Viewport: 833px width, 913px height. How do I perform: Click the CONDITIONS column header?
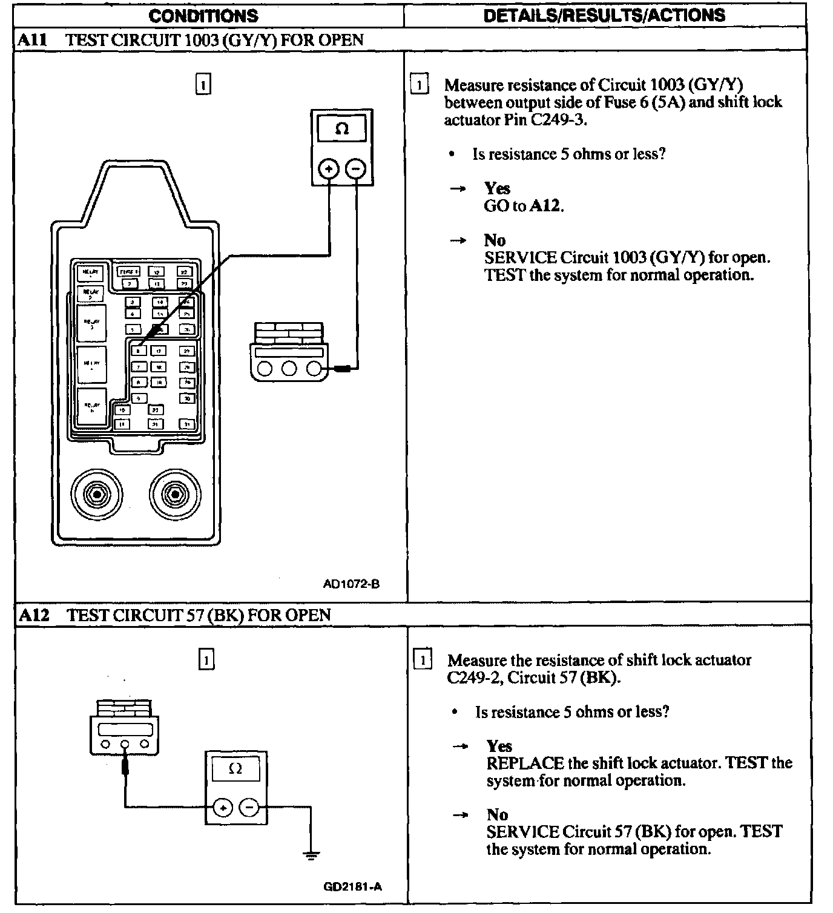pyautogui.click(x=203, y=16)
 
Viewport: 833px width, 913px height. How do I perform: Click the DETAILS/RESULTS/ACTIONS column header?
pyautogui.click(x=604, y=15)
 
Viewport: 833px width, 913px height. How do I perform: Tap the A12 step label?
pyautogui.click(x=33, y=615)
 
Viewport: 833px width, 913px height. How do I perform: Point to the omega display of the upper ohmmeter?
pyautogui.click(x=342, y=129)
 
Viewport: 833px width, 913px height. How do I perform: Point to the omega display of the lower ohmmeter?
pyautogui.click(x=236, y=769)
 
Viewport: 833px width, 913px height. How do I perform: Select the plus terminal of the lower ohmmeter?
pyautogui.click(x=223, y=807)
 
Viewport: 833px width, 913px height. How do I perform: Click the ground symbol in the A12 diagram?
pyautogui.click(x=311, y=855)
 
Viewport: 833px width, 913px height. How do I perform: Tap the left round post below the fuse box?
pyautogui.click(x=96, y=495)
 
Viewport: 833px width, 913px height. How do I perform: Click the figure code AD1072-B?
pyautogui.click(x=351, y=584)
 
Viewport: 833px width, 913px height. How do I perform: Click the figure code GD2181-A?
pyautogui.click(x=352, y=887)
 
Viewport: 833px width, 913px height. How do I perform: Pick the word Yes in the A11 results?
pyautogui.click(x=497, y=188)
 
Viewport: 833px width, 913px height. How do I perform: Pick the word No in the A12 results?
pyautogui.click(x=497, y=814)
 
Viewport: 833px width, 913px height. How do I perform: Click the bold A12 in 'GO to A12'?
pyautogui.click(x=545, y=206)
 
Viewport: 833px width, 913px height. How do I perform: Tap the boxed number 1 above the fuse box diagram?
pyautogui.click(x=203, y=84)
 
